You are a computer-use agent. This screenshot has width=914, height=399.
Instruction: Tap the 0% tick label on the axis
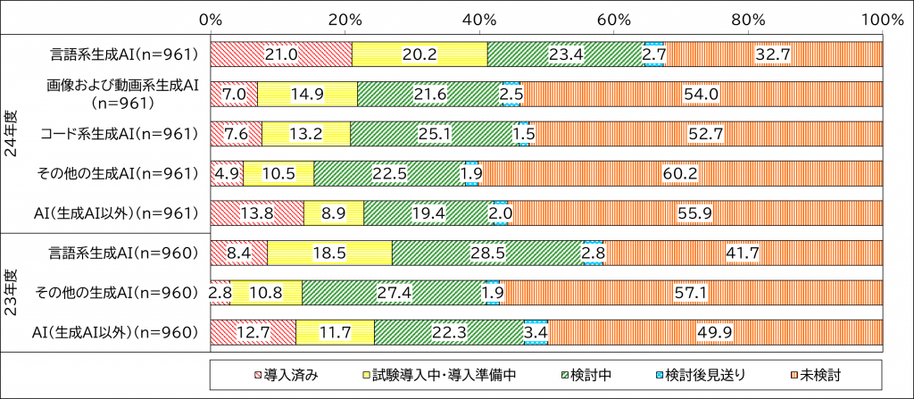click(211, 19)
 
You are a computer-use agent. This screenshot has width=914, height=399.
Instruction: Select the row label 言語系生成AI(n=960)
click(123, 253)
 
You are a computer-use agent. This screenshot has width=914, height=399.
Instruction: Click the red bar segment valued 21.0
click(281, 54)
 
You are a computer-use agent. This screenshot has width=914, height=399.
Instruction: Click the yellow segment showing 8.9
click(333, 213)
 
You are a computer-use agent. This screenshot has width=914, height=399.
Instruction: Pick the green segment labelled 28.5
click(487, 253)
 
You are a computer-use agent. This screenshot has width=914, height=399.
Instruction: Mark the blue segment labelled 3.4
click(536, 332)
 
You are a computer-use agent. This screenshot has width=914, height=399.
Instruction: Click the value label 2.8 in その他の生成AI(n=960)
click(220, 292)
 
